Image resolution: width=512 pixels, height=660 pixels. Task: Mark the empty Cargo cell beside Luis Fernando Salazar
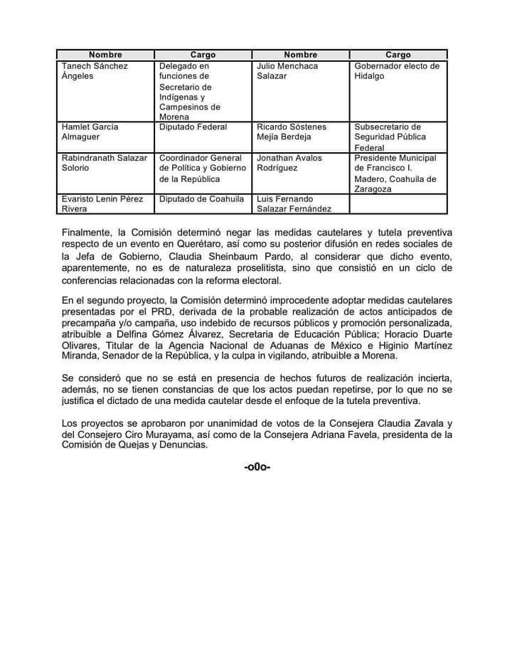398,204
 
